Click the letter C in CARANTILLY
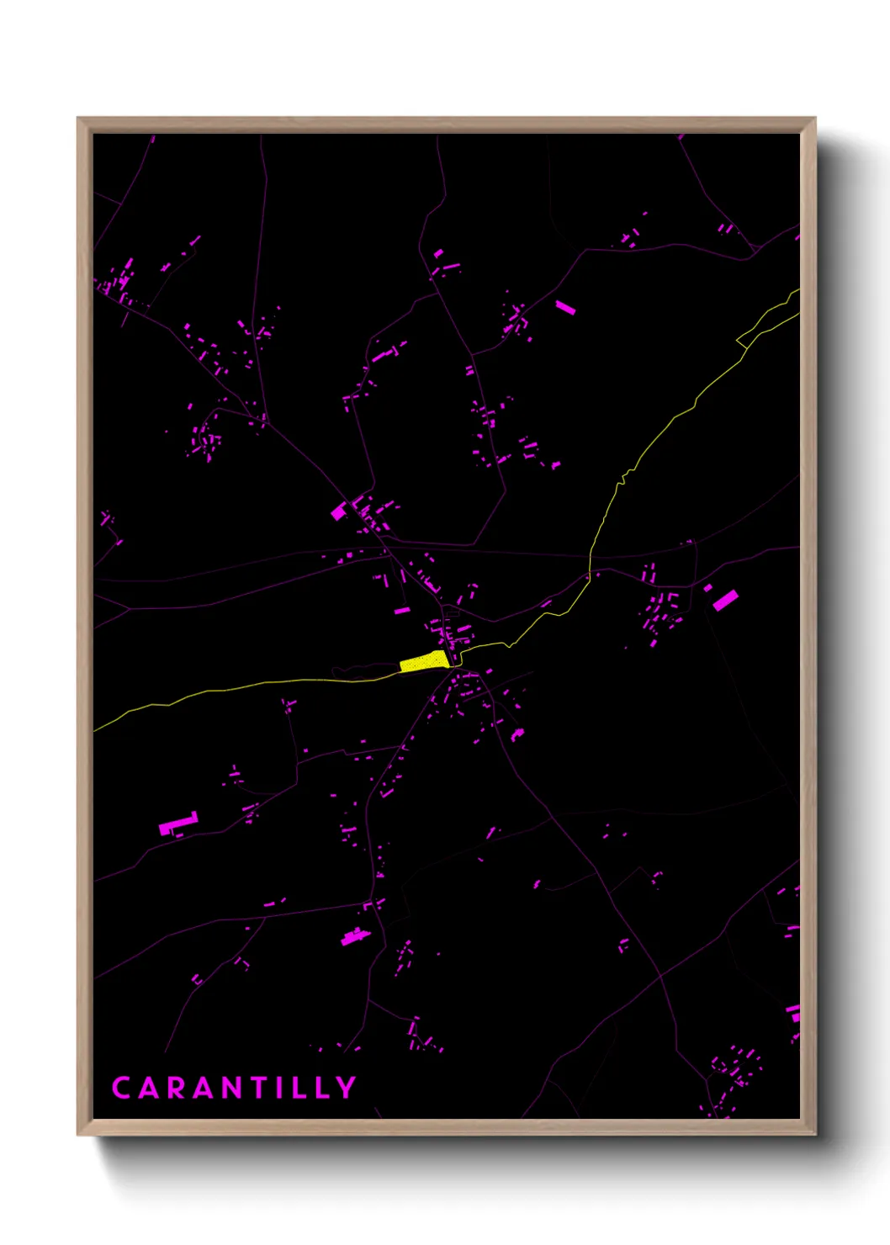tap(121, 1088)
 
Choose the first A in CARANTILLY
tap(149, 1088)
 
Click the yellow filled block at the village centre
tap(423, 662)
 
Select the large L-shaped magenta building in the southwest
tap(177, 824)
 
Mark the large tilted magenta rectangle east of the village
tap(725, 600)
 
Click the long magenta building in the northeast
tap(565, 307)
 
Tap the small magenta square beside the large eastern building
tap(708, 587)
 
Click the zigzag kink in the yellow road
tap(623, 479)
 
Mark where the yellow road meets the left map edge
tap(95, 729)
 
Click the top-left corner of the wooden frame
tap(78, 119)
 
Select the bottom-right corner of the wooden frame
tap(814, 1134)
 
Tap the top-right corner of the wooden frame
tap(814, 119)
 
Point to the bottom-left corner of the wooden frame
tap(78, 1134)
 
